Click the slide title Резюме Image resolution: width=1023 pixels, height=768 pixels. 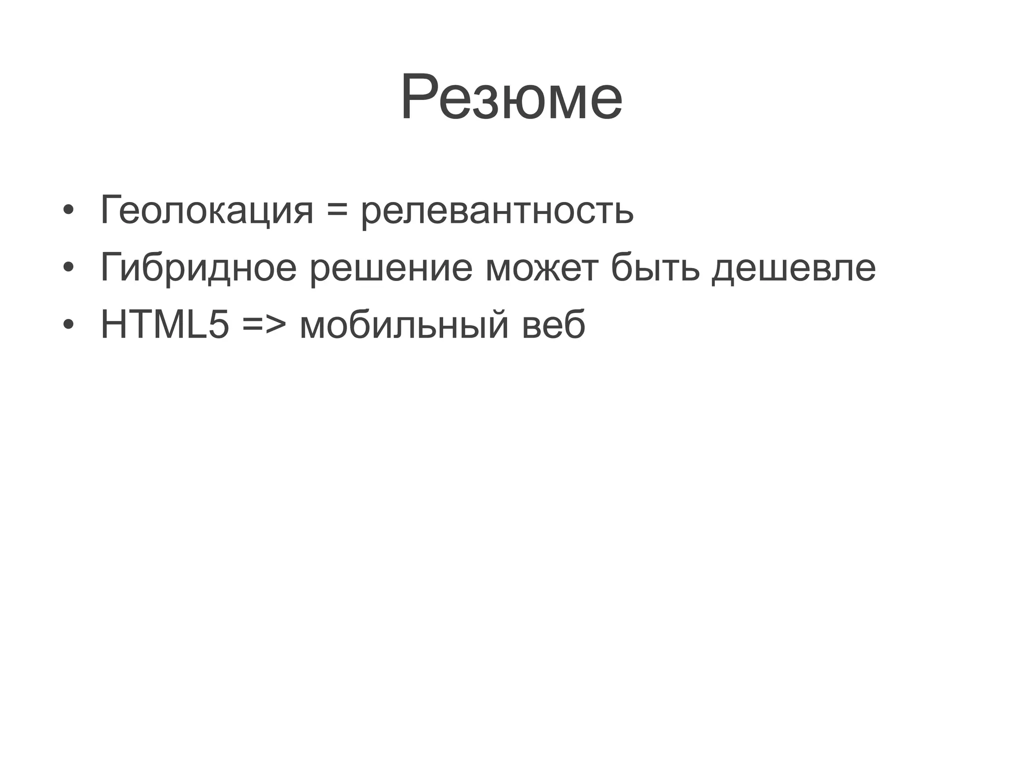click(x=511, y=97)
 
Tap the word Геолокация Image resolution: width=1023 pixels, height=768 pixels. click(x=206, y=210)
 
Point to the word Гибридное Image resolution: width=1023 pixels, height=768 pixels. click(x=198, y=268)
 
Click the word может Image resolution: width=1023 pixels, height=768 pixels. click(x=541, y=268)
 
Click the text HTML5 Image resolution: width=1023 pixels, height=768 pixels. click(x=165, y=325)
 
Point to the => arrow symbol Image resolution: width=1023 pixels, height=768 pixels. click(x=264, y=325)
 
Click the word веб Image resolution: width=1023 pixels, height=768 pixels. click(x=553, y=325)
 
